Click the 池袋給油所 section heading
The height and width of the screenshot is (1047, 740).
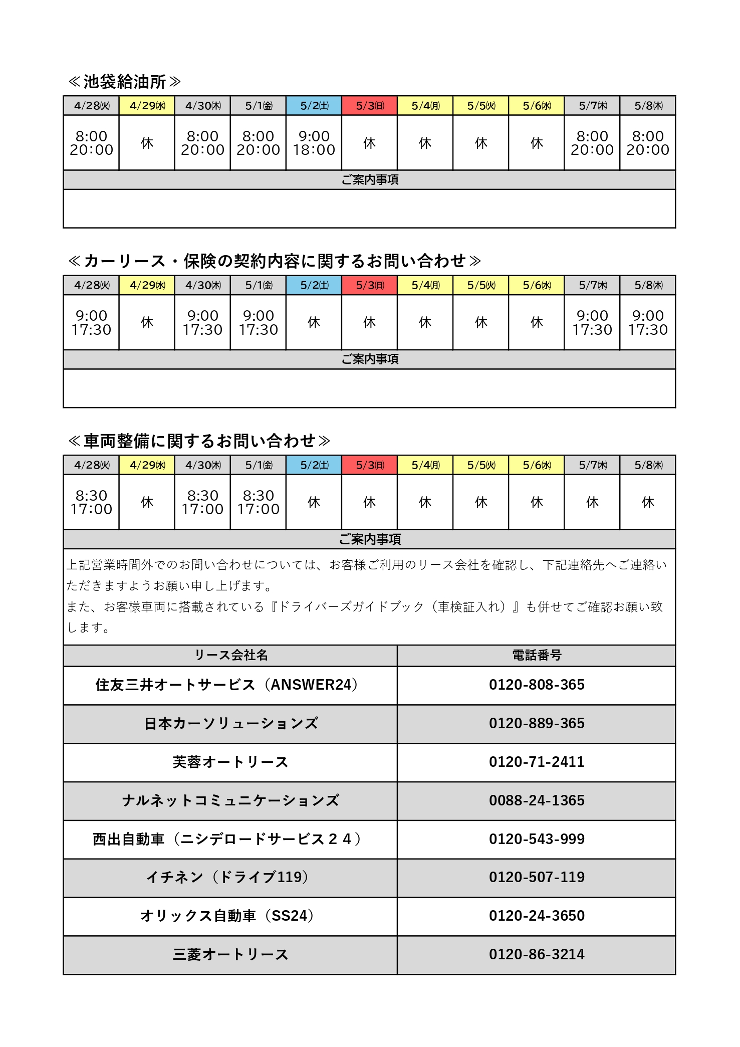point(124,82)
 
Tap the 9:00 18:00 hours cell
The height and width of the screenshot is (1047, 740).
point(314,143)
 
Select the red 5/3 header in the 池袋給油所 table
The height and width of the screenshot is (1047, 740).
point(370,106)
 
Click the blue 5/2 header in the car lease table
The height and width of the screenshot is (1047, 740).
point(314,285)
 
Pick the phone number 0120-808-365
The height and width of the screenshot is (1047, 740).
point(537,685)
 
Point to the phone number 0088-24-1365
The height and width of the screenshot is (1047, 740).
point(537,800)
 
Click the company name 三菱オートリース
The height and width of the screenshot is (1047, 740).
point(230,955)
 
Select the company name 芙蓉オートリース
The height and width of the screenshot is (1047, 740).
point(230,762)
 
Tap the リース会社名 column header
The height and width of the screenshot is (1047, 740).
point(231,655)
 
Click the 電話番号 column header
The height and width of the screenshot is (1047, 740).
point(537,655)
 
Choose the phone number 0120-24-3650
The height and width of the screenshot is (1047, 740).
point(537,916)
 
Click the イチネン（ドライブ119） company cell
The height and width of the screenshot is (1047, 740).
point(230,877)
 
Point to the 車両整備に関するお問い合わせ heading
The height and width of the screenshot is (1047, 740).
point(199,441)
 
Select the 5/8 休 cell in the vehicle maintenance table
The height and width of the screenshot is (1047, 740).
point(648,502)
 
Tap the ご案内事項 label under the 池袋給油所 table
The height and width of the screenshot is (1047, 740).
point(370,179)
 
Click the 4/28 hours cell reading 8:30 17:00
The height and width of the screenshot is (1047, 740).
point(91,502)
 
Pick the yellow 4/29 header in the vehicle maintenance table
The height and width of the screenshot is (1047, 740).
point(147,465)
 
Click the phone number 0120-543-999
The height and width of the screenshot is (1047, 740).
point(537,839)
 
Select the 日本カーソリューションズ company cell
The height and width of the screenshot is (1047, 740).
point(230,724)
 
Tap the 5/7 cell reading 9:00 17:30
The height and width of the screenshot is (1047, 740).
point(592,323)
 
